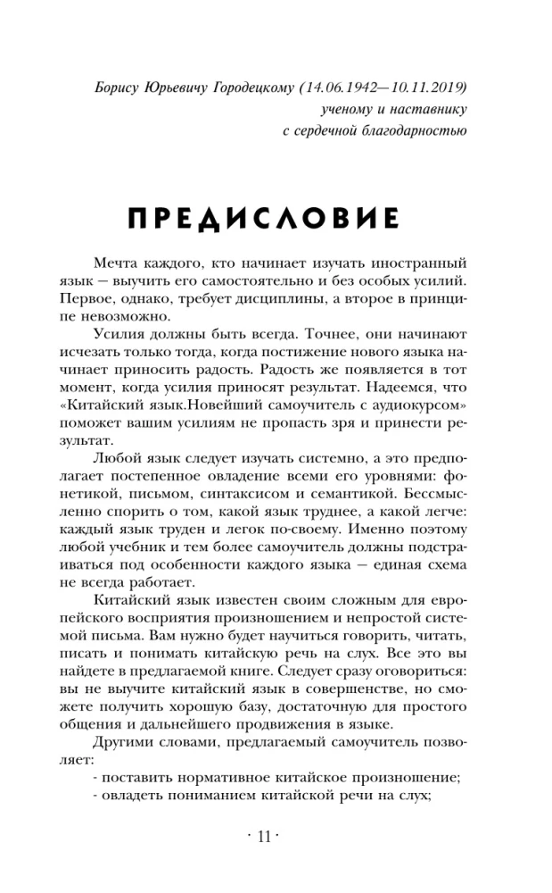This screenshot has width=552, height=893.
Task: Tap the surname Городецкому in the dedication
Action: point(248,88)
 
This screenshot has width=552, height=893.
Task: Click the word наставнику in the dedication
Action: point(430,110)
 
